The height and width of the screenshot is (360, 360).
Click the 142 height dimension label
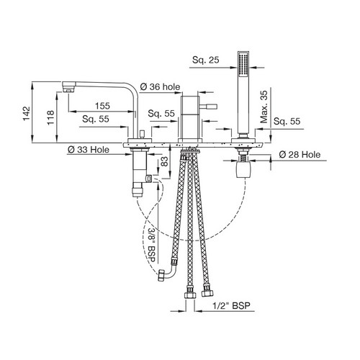[27, 114]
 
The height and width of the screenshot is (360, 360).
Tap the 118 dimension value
[50, 117]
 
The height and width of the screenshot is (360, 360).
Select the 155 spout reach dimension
[102, 106]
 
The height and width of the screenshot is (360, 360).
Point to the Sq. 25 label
[206, 60]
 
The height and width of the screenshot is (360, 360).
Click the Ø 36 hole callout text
[160, 86]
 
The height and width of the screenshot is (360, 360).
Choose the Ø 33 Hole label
[89, 150]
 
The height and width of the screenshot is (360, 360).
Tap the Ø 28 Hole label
[300, 155]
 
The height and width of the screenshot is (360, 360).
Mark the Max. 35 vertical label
[264, 107]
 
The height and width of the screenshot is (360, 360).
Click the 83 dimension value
[164, 161]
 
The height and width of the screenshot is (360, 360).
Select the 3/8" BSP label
[152, 245]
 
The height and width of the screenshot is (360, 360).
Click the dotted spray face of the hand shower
[243, 63]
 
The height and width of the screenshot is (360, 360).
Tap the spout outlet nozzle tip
[68, 90]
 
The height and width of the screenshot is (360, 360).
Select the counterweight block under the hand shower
[243, 169]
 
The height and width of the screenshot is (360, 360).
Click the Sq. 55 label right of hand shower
[287, 121]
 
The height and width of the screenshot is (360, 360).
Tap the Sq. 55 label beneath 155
[96, 119]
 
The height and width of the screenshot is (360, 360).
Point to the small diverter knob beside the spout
[142, 134]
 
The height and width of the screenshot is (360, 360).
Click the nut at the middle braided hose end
[190, 295]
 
